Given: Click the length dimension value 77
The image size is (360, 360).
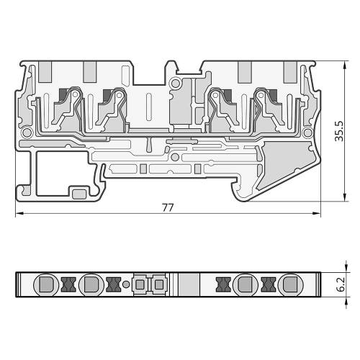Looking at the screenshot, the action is (168, 207).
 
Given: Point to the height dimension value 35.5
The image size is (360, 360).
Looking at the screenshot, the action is (340, 131).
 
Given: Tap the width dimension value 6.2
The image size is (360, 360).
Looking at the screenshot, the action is (340, 284).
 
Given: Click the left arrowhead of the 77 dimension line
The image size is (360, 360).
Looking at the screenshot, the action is (19, 213).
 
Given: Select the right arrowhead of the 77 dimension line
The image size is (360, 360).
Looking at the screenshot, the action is (316, 213).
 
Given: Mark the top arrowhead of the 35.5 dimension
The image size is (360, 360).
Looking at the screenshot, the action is (345, 66).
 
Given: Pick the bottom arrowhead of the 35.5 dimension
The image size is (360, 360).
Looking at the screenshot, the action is (345, 197).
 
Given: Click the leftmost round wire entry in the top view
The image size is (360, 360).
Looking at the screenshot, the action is (46, 285).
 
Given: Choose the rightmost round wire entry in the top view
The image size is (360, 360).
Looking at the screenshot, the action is (290, 285).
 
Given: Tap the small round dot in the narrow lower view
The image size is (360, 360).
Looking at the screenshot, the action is (126, 284).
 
